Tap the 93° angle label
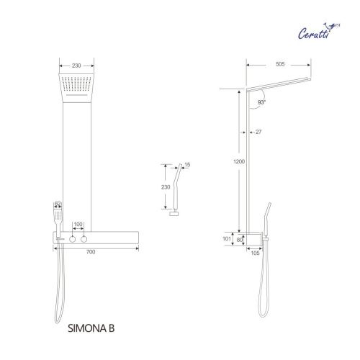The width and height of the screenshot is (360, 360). [261, 103]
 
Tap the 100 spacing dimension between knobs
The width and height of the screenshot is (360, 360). [78, 225]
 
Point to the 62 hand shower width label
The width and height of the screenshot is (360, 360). [58, 204]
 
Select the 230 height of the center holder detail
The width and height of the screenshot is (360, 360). [165, 187]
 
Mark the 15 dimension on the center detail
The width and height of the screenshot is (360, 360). [188, 164]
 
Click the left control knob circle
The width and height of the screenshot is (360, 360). [71, 238]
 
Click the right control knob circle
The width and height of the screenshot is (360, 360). [86, 238]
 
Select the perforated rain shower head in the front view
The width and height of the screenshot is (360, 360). [77, 84]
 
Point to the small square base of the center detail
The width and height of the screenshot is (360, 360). [175, 214]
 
